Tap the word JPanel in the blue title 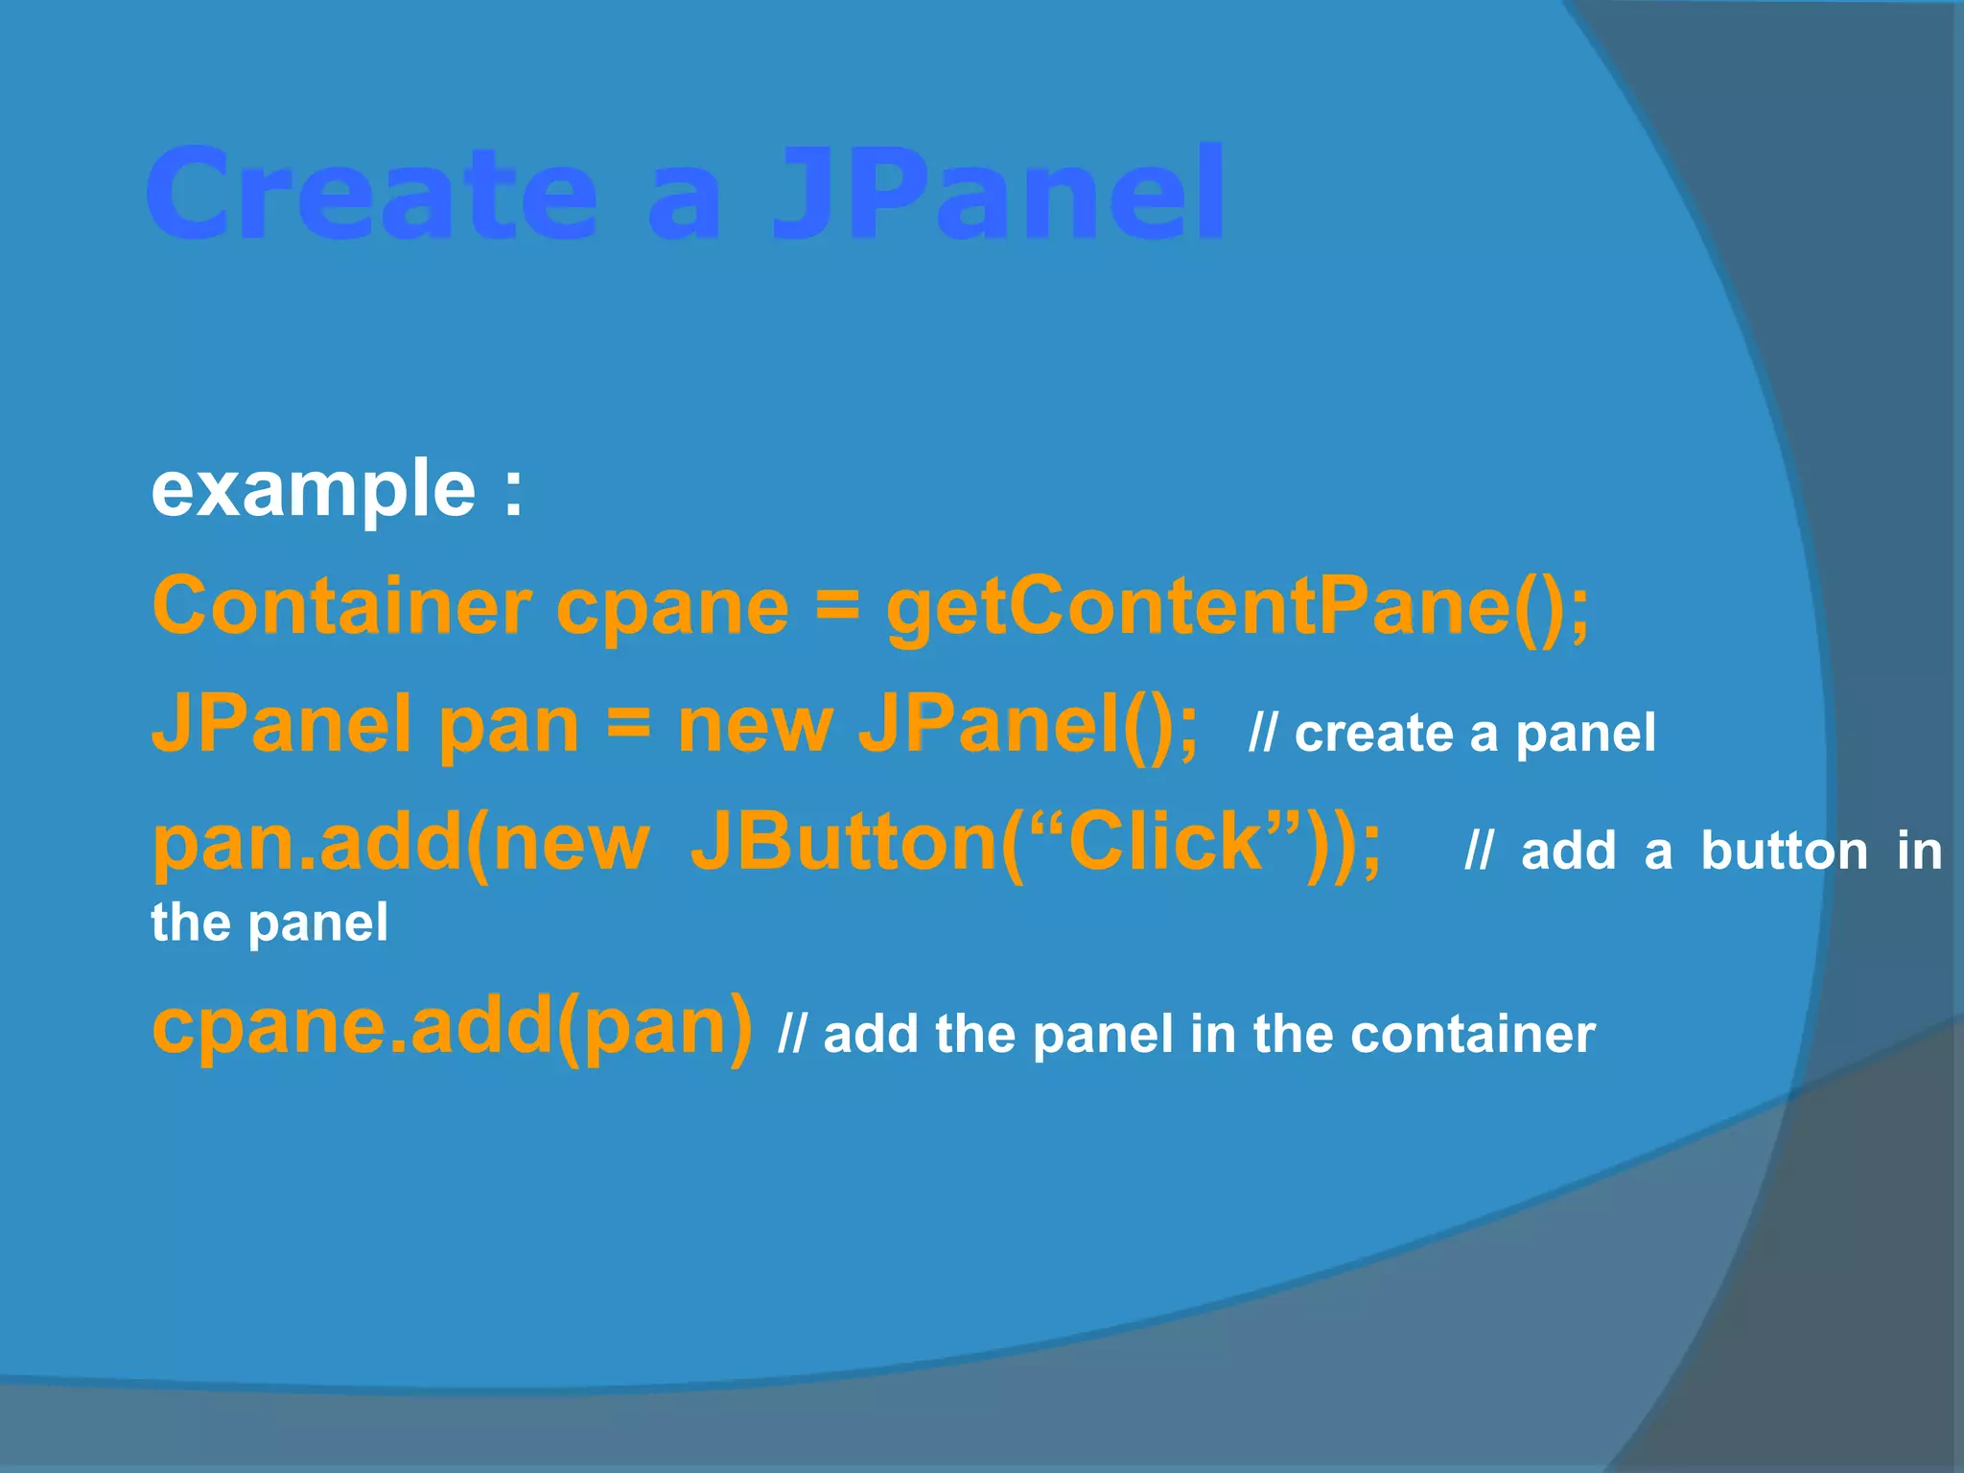point(997,195)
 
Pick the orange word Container point(341,607)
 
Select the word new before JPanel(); point(755,726)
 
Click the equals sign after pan point(628,726)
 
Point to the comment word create point(1373,735)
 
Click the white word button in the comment point(1784,852)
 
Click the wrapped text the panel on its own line point(269,924)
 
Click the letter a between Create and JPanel point(683,201)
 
